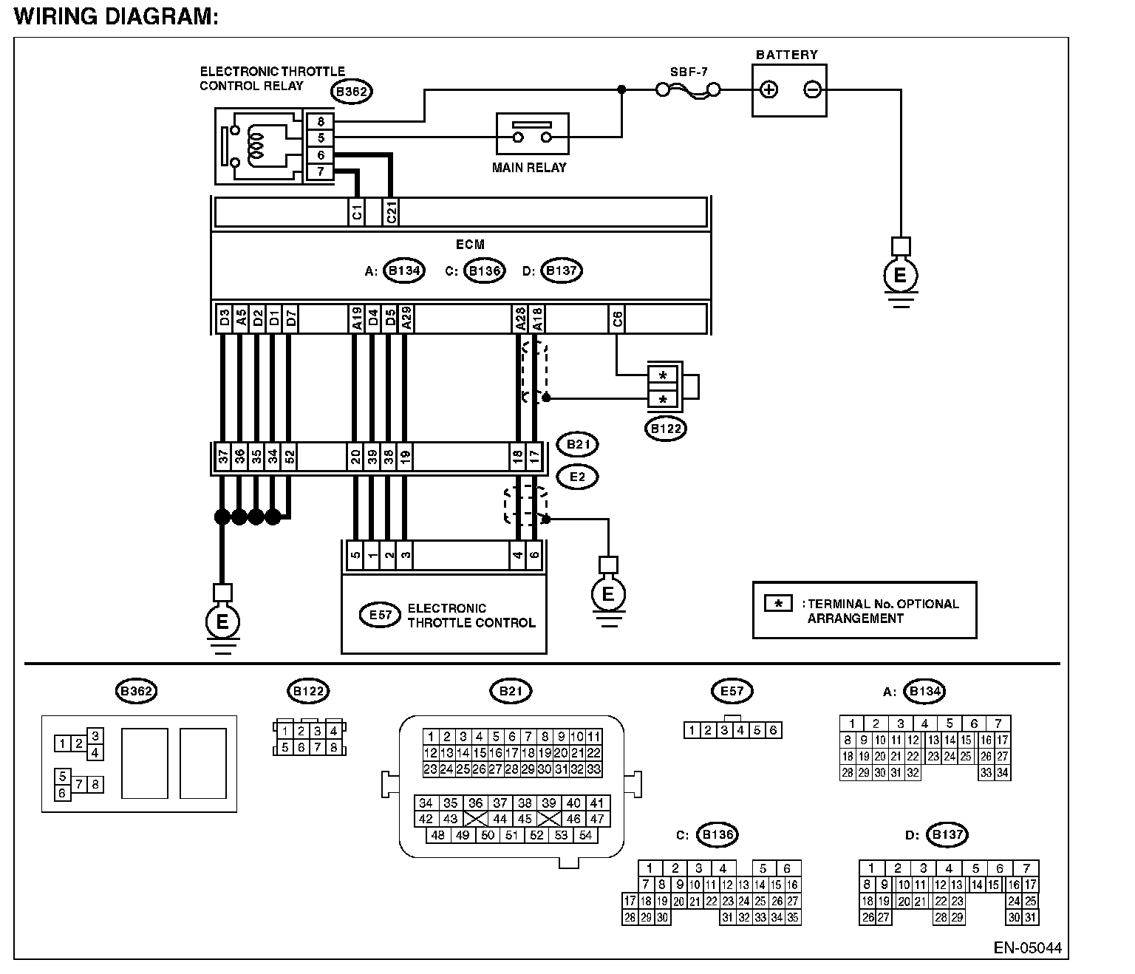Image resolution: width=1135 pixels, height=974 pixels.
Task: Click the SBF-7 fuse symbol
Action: point(688,90)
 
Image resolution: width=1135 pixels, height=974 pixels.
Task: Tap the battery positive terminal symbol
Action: point(768,89)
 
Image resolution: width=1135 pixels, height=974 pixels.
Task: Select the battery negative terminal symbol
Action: point(812,89)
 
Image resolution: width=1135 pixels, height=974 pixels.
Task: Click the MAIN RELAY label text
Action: point(529,168)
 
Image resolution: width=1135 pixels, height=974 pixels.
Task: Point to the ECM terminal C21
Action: point(391,211)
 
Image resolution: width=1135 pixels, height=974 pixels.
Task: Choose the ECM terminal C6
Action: point(617,319)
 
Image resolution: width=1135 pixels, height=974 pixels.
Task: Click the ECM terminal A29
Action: point(406,319)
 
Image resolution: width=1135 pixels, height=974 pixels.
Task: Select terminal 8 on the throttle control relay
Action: point(321,121)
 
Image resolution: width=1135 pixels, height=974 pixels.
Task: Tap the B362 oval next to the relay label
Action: point(352,92)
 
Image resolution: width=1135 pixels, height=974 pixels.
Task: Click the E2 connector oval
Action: point(578,477)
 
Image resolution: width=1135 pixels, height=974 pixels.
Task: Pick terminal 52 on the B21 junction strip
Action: point(290,457)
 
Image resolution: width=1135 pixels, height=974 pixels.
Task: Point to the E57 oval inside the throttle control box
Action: point(380,615)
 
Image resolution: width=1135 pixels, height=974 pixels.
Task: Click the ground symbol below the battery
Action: point(901,274)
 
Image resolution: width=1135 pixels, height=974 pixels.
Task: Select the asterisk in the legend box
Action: point(778,604)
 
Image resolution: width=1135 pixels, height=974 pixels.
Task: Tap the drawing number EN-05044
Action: point(1027,948)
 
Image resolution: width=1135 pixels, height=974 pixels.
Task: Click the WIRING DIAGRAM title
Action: point(117,16)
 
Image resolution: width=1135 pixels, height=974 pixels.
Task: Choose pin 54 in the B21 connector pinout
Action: point(585,835)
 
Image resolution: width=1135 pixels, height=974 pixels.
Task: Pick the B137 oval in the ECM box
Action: point(562,270)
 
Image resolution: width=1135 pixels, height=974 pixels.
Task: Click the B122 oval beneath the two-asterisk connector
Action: point(666,429)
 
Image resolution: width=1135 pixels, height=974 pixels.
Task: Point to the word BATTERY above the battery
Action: point(787,55)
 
